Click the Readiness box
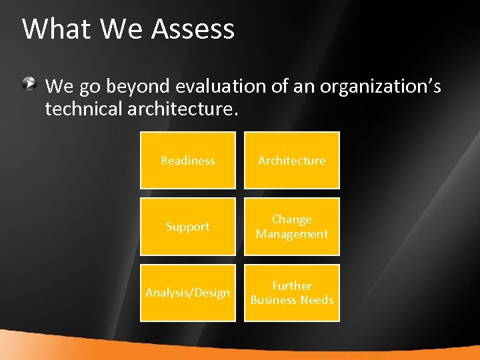tap(187, 160)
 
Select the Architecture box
tap(291, 160)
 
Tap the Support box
tap(187, 227)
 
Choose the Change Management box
tap(291, 227)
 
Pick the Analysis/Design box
tap(187, 293)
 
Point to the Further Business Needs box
tap(291, 293)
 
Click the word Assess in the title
tap(193, 29)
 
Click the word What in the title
tap(58, 29)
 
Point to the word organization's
tap(380, 86)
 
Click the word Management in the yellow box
tap(291, 234)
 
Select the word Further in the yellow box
tap(291, 285)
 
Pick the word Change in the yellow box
tap(291, 219)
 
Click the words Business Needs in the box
tap(291, 300)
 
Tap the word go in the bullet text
tap(89, 87)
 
